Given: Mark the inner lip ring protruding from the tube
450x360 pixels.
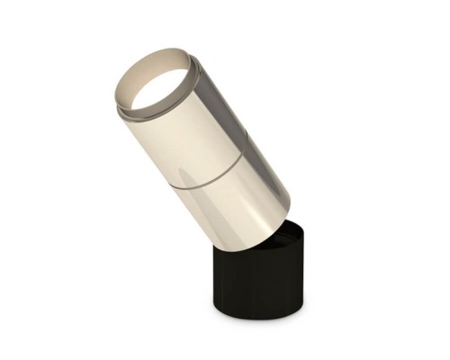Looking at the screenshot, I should (x=135, y=112).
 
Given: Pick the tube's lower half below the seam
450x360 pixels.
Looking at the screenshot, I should (x=234, y=202).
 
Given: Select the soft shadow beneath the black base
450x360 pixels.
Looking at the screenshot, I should (x=261, y=322).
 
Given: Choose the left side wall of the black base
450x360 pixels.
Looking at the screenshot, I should (x=219, y=279).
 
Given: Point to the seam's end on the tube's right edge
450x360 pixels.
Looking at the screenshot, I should (x=241, y=153).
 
